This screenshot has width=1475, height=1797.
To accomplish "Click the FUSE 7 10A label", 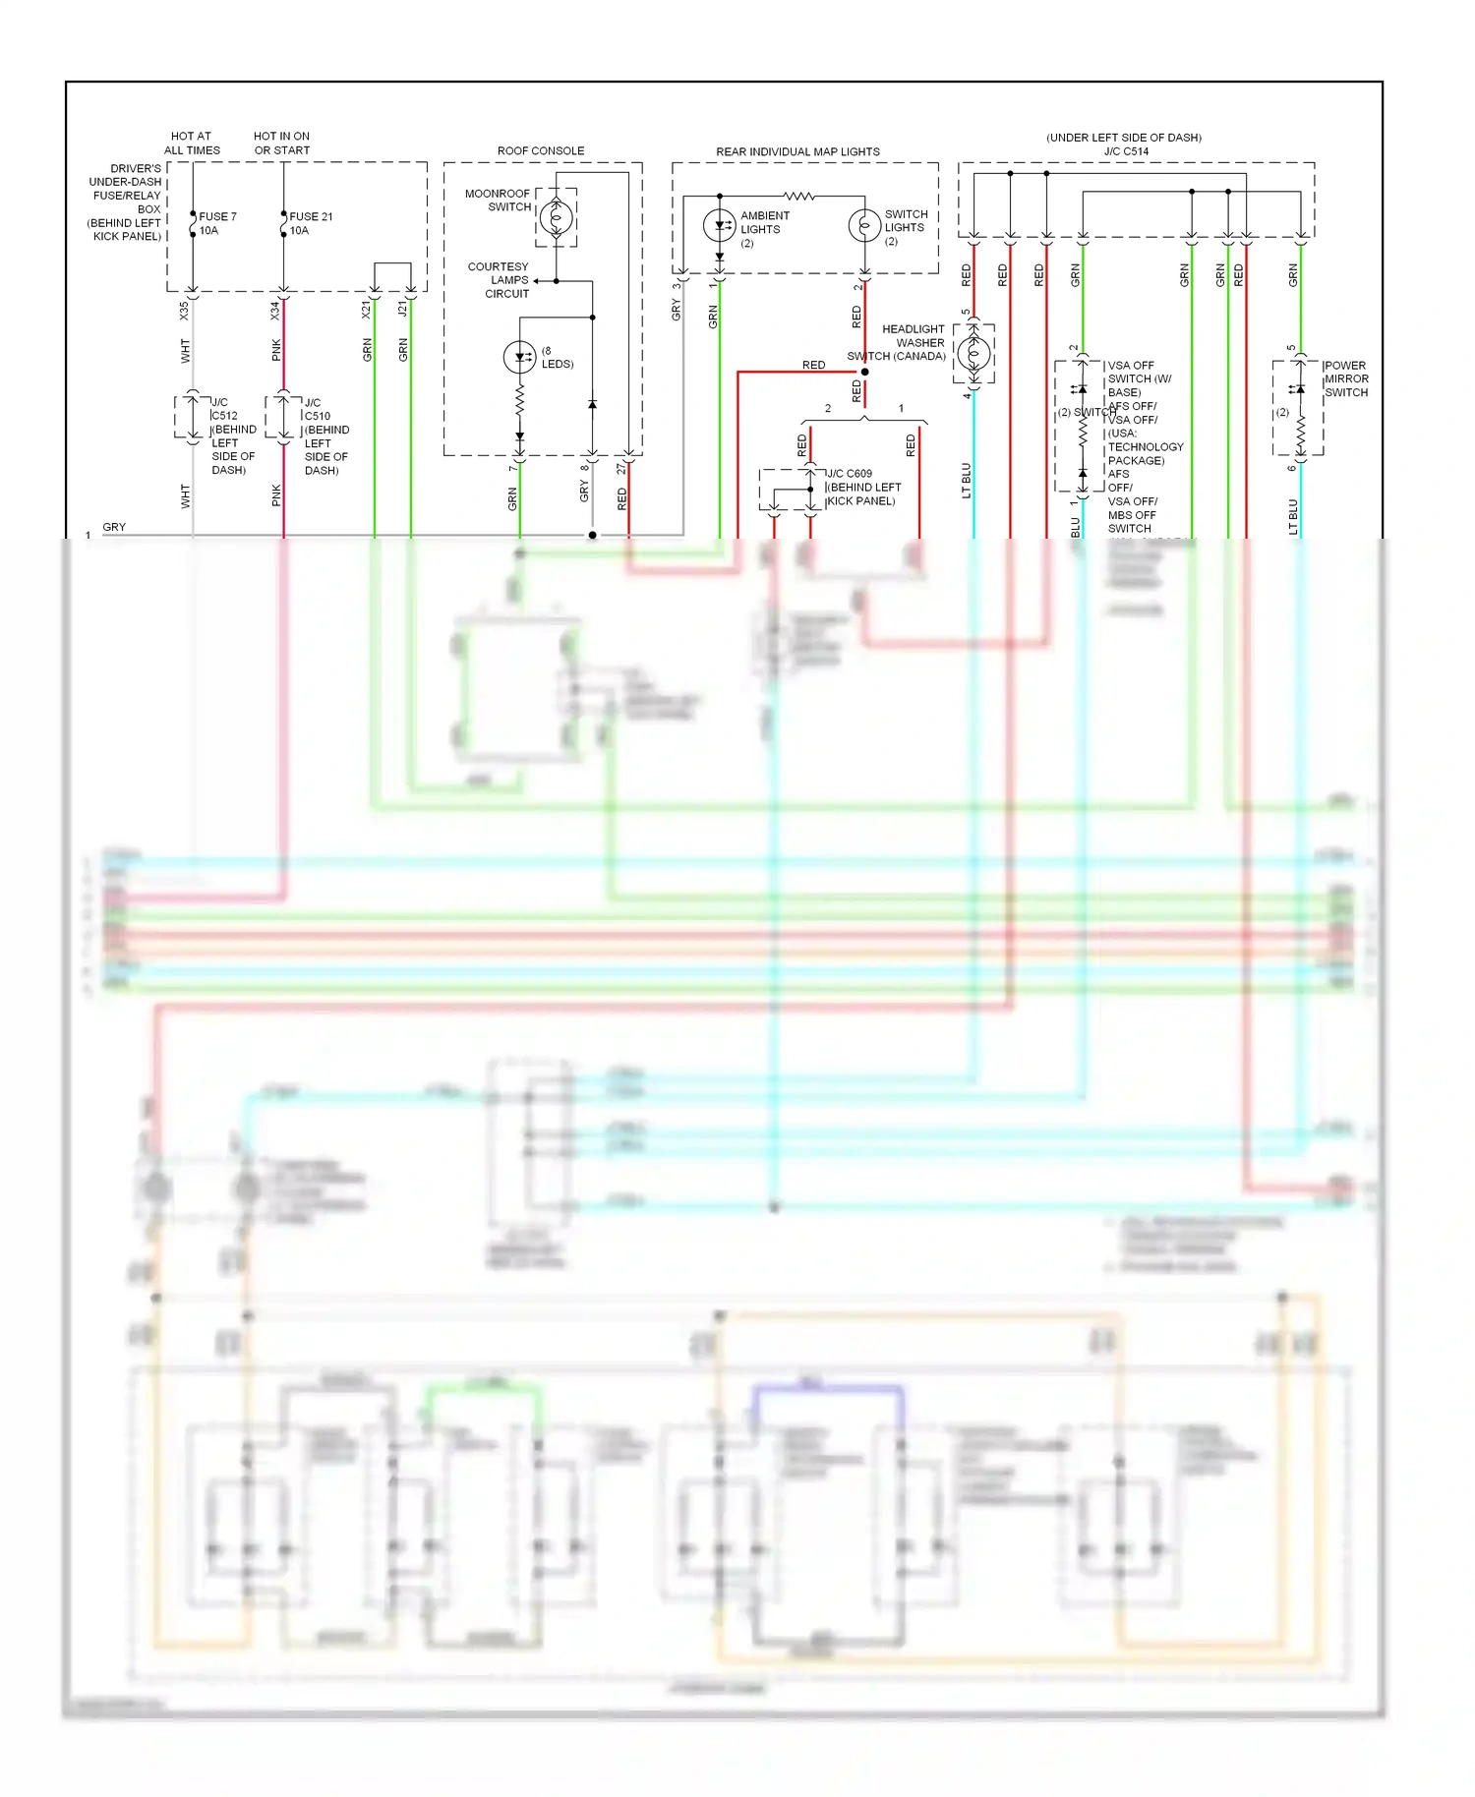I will point(216,223).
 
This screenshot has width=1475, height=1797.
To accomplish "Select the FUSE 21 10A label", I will point(310,223).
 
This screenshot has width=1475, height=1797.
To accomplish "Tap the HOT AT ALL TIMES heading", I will point(192,144).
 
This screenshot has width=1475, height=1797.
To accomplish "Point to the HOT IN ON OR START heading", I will point(281,144).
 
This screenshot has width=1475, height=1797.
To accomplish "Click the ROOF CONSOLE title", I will point(540,150).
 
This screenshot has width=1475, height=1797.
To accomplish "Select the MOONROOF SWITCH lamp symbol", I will point(556,217).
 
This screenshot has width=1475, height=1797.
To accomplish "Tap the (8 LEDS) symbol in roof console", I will point(519,357).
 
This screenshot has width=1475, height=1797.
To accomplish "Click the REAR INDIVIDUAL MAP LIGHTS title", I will point(797,151).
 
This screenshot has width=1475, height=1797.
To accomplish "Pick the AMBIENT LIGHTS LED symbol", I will point(720,225).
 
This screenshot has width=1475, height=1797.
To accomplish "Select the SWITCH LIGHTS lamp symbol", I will point(864,226).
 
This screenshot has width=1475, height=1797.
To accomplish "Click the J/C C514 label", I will point(1126,151).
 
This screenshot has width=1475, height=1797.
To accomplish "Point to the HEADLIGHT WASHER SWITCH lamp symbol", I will point(973,353).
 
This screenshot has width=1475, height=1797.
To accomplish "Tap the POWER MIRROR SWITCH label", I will point(1345,378).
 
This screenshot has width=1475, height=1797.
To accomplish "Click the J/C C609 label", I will point(850,474).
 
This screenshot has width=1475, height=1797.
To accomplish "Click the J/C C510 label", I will point(316,409).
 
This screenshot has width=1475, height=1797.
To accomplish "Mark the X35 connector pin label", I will point(184,311).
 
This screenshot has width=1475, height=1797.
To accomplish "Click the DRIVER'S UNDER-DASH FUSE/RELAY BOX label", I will point(126,203).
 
